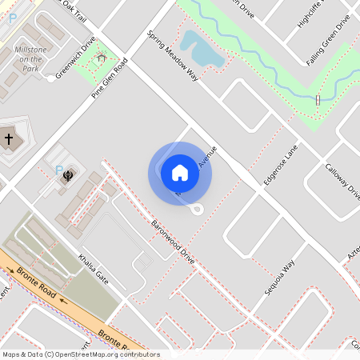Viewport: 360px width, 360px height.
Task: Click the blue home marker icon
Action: click(180, 173)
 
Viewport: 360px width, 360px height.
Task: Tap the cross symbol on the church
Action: click(9, 139)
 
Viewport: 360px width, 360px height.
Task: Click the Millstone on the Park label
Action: click(31, 58)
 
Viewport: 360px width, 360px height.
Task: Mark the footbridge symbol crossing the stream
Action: click(318, 100)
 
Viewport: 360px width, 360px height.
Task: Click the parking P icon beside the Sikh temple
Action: click(58, 170)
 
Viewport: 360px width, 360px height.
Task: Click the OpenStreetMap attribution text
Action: click(81, 354)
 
